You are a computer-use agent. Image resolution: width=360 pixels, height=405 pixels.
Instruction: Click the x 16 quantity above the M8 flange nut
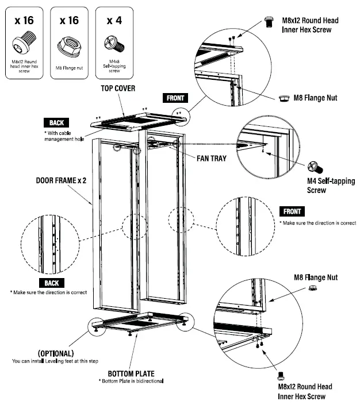click(69, 20)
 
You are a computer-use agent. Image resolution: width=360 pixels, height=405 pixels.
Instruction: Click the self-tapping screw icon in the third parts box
click(113, 43)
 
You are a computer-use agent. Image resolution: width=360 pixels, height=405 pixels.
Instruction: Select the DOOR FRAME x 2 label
click(61, 180)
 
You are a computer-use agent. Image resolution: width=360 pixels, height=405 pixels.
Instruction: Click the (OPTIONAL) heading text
click(55, 353)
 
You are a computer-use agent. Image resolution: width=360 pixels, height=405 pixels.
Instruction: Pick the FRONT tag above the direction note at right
click(292, 211)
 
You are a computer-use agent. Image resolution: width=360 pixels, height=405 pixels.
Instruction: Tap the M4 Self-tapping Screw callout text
click(331, 186)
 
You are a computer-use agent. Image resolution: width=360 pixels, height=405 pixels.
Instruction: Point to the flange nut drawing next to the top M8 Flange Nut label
click(284, 98)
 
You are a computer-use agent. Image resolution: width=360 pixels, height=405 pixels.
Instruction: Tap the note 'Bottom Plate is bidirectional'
click(132, 381)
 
